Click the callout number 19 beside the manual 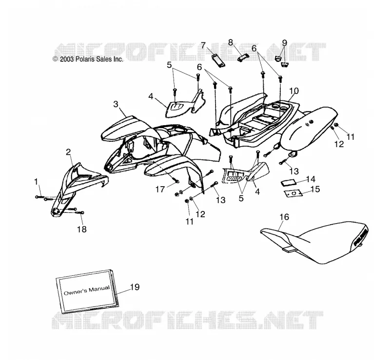[x=135, y=287]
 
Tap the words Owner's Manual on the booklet [x=87, y=290]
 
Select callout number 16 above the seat [x=284, y=217]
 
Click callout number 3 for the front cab [x=116, y=104]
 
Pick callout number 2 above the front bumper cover [x=68, y=152]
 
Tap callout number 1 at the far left [x=36, y=182]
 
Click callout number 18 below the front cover [x=82, y=229]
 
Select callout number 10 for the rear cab [x=294, y=91]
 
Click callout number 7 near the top [x=203, y=45]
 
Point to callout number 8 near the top [x=230, y=42]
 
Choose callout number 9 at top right [x=285, y=43]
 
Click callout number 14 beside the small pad [x=311, y=179]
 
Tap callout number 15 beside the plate [x=315, y=189]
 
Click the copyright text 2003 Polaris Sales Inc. [x=88, y=59]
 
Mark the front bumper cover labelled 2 [x=75, y=189]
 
